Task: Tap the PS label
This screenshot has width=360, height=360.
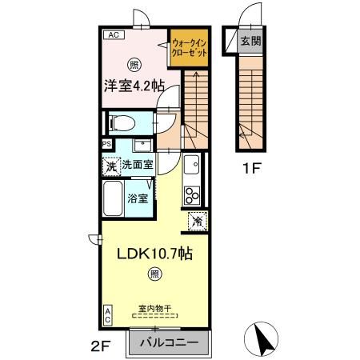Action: (106, 145)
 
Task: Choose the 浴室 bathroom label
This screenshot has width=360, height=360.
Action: (138, 198)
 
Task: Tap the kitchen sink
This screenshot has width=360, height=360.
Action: (192, 168)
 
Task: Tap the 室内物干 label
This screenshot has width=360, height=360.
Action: (154, 308)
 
